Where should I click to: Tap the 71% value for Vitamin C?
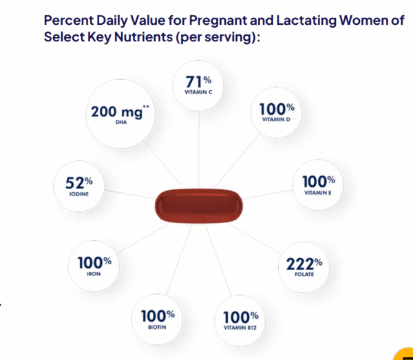[198, 83]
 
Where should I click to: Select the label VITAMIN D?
[277, 119]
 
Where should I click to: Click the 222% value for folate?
[304, 264]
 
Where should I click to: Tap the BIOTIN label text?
[157, 328]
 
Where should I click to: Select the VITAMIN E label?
[318, 193]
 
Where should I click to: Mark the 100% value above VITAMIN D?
[277, 109]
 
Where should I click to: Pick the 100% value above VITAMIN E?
[318, 182]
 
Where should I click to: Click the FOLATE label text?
[304, 274]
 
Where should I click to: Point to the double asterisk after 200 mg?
[147, 107]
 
